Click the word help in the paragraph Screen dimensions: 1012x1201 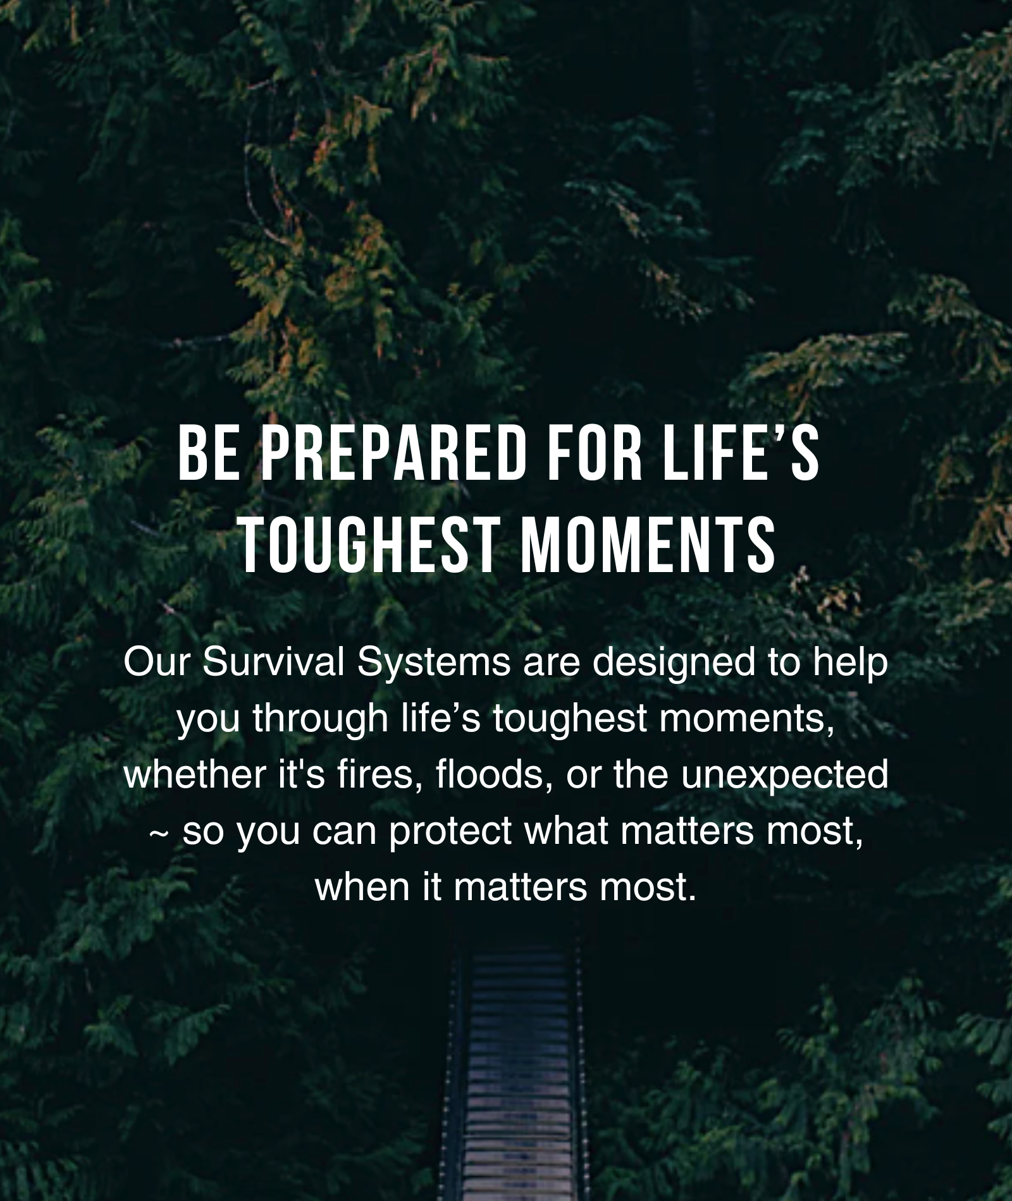tap(851, 664)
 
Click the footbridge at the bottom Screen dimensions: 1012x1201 tap(519, 1075)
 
